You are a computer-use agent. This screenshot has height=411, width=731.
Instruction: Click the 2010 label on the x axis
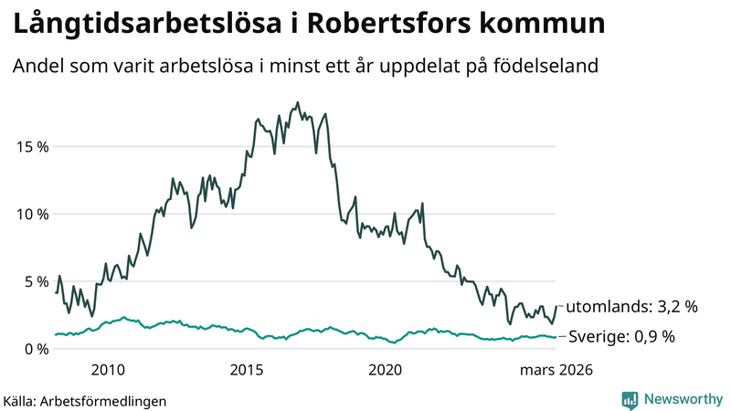click(x=108, y=370)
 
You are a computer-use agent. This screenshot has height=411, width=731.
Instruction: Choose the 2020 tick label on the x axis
click(x=386, y=370)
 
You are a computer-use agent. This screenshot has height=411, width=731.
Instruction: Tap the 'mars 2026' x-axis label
click(x=556, y=370)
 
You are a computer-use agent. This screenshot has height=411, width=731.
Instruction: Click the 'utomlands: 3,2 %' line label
click(x=632, y=307)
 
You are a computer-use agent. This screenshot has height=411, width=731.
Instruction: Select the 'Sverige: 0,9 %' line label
click(x=621, y=337)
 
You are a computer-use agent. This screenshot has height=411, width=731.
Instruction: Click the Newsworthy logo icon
click(x=630, y=399)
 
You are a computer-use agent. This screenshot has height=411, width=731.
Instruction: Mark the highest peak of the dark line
click(x=298, y=102)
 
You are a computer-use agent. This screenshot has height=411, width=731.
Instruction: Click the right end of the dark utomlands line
click(x=556, y=306)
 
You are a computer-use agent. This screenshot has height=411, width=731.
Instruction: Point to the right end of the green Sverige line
click(x=556, y=337)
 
